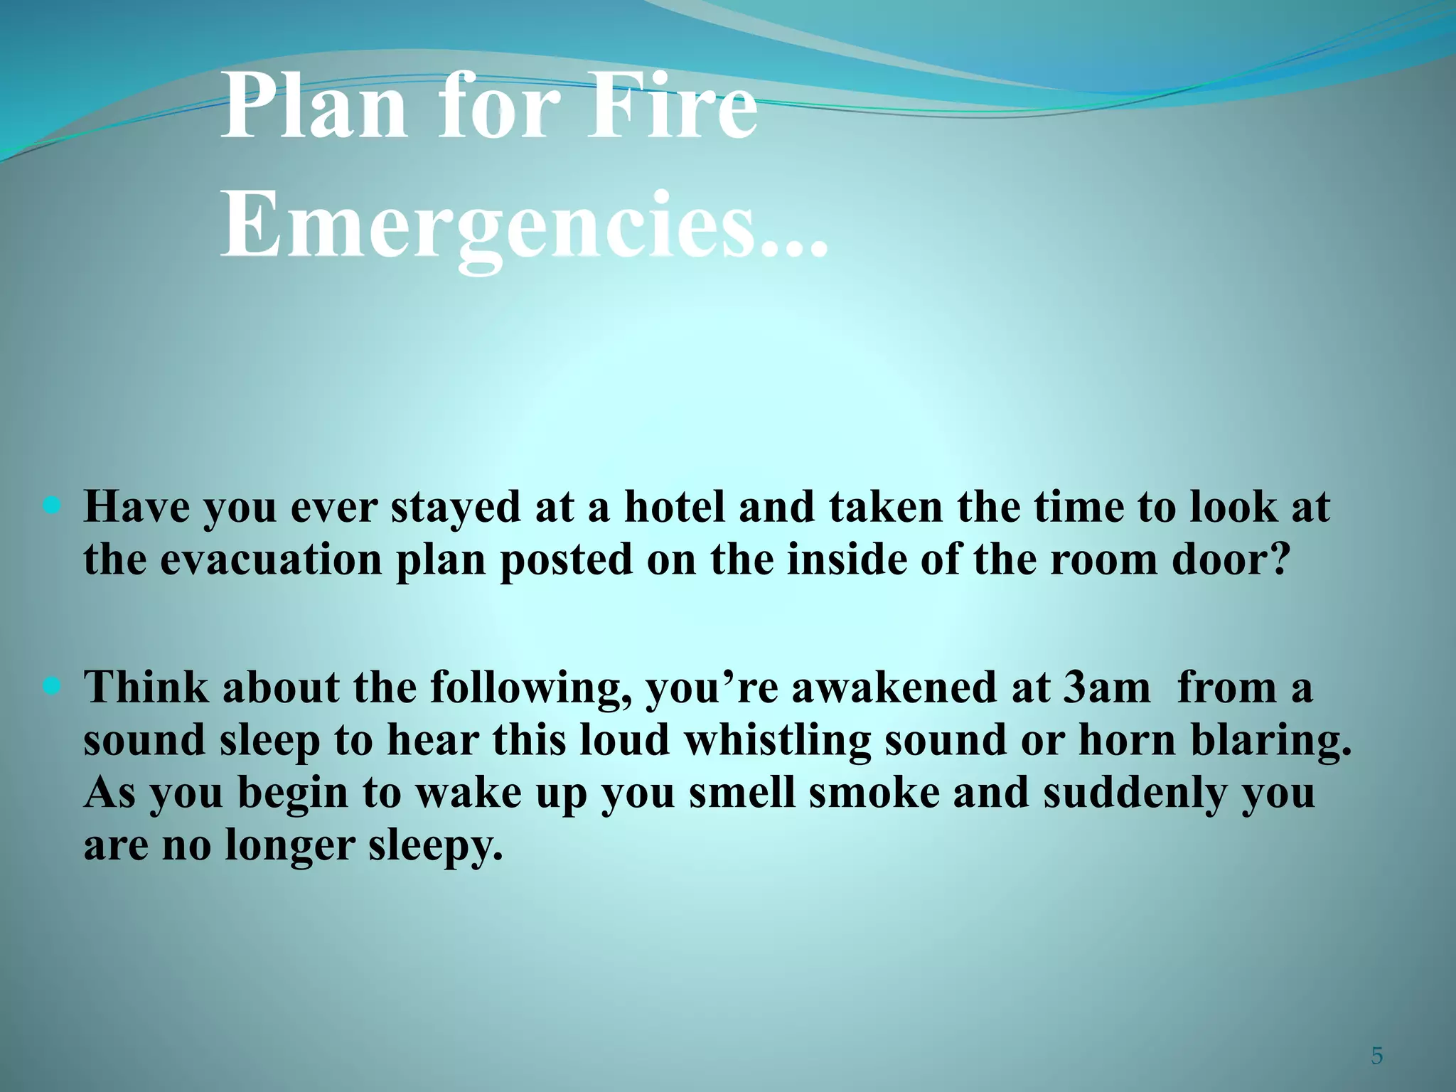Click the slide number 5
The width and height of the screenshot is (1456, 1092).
[x=1377, y=1056]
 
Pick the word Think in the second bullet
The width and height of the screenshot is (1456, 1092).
[x=146, y=688]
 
